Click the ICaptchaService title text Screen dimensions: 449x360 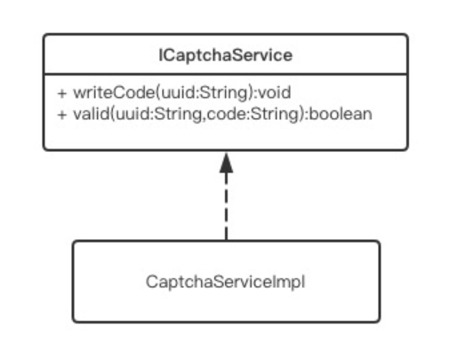point(226,55)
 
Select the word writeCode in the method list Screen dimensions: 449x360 point(114,92)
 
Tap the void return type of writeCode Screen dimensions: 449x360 point(274,92)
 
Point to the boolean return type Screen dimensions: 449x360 point(341,114)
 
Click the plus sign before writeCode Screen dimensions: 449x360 point(62,93)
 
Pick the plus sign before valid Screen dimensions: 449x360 point(62,115)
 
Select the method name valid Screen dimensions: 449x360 point(91,114)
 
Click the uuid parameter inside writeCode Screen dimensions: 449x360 point(178,92)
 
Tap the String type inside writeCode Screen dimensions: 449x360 point(224,93)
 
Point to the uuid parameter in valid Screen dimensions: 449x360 point(132,114)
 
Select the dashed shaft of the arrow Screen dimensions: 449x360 point(226,207)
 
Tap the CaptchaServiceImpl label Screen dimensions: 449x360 point(226,282)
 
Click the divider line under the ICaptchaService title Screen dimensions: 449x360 point(226,74)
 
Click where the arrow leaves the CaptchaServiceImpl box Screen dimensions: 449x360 point(226,241)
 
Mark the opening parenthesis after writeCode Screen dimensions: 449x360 point(158,93)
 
